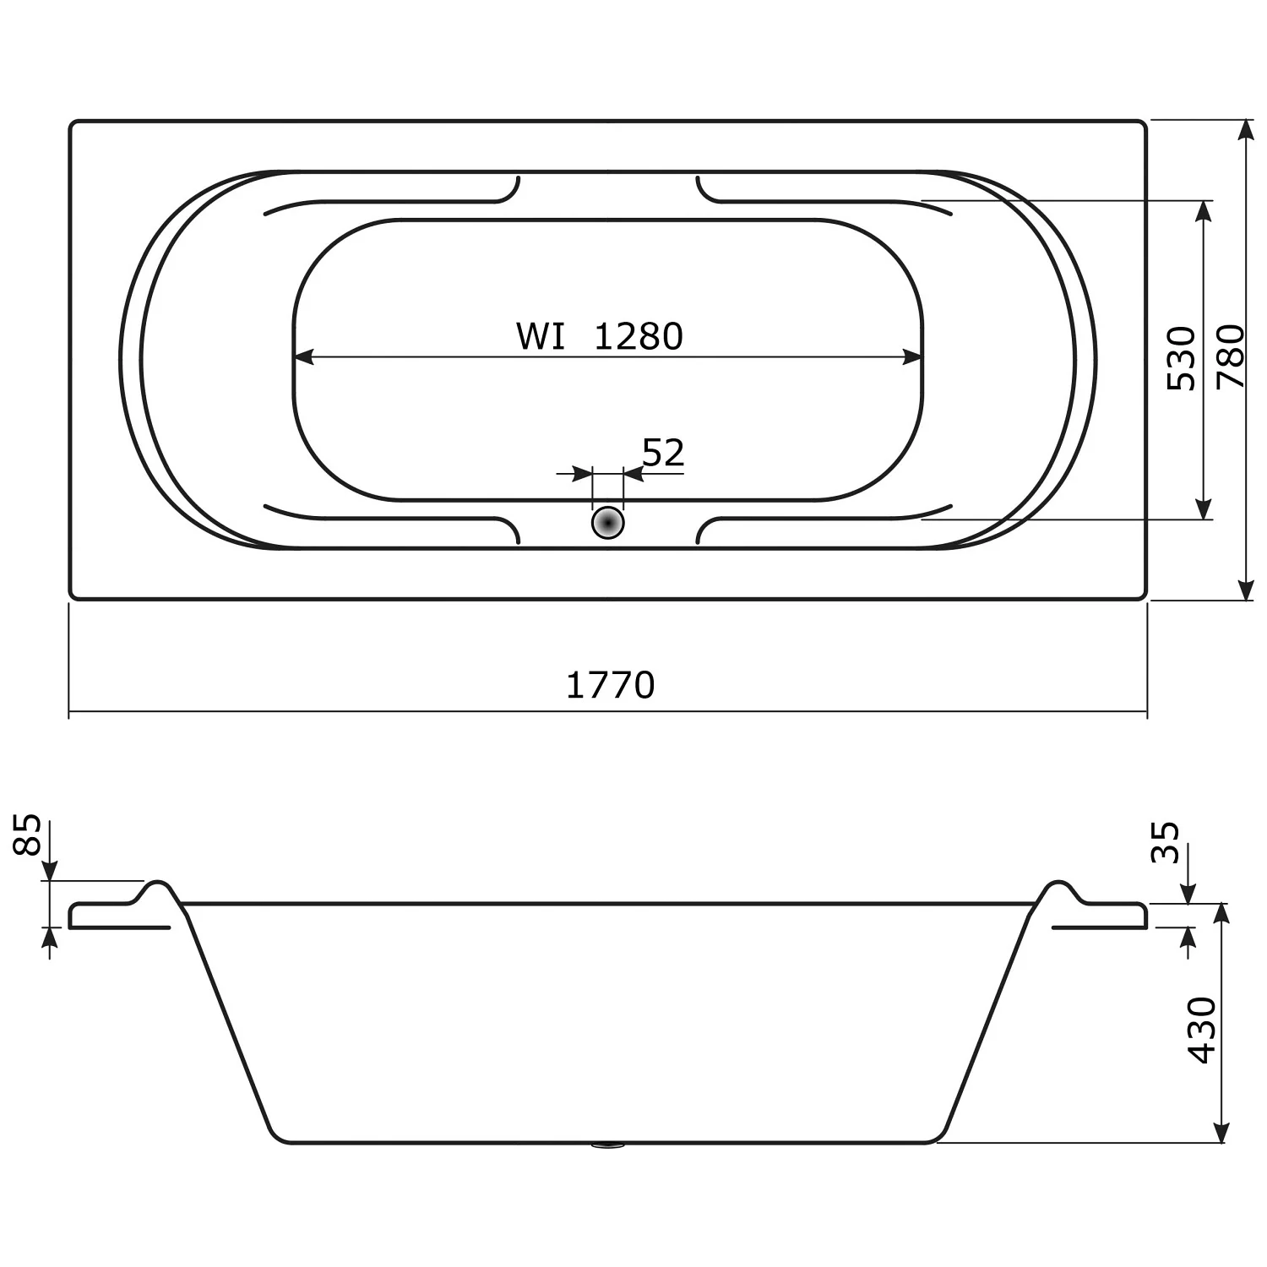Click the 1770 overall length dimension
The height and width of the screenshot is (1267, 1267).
(x=610, y=685)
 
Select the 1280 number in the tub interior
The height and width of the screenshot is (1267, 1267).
(x=639, y=337)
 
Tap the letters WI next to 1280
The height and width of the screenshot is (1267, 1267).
(x=541, y=337)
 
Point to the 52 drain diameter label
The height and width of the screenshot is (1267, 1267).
(x=663, y=454)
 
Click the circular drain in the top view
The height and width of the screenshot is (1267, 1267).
(x=607, y=523)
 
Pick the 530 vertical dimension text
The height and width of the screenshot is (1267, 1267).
(x=1182, y=358)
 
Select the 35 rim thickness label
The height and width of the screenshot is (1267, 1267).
(x=1166, y=842)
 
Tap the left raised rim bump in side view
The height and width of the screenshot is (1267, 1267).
(x=157, y=889)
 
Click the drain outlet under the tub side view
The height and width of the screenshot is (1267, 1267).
(x=607, y=1146)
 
